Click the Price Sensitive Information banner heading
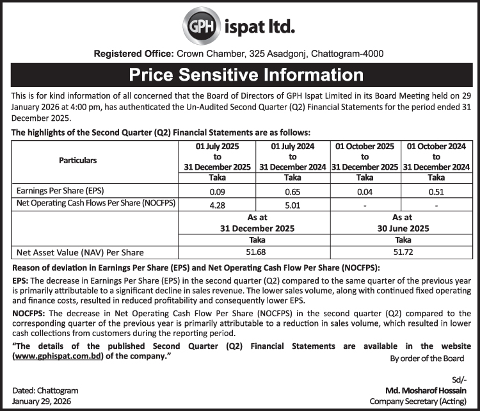[240, 74]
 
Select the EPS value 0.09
[216, 191]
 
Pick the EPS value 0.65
[292, 191]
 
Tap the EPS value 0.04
[365, 191]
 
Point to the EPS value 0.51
[436, 191]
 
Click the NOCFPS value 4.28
[216, 205]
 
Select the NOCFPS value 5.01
[292, 205]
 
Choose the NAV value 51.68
[255, 253]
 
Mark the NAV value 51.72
[400, 253]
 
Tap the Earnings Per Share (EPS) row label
[59, 191]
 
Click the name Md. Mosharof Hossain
[426, 390]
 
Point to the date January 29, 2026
[42, 401]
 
